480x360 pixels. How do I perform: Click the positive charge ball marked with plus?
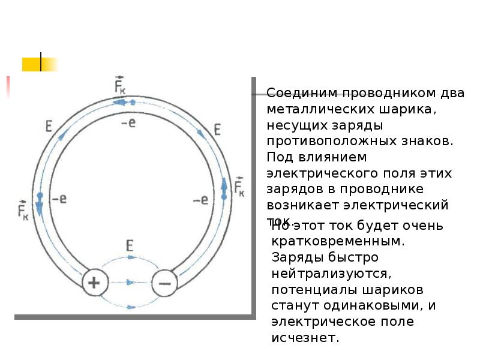pyautogui.click(x=95, y=282)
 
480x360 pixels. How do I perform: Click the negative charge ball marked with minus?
pyautogui.click(x=165, y=282)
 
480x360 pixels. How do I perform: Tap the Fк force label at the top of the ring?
pyautogui.click(x=119, y=85)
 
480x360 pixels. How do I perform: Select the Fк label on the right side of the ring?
pyautogui.click(x=239, y=187)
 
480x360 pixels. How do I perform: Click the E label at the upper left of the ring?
pyautogui.click(x=49, y=127)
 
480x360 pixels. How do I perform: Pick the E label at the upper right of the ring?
pyautogui.click(x=217, y=130)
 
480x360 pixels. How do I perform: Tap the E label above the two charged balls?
pyautogui.click(x=130, y=245)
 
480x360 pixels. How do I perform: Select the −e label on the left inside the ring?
pyautogui.click(x=59, y=199)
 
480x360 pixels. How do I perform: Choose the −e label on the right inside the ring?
pyautogui.click(x=200, y=200)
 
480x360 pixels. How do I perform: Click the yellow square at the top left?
pyautogui.click(x=31, y=64)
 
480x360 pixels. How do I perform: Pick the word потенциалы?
pyautogui.click(x=305, y=290)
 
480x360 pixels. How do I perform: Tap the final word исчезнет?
pyautogui.click(x=305, y=338)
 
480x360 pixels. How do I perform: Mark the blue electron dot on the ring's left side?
pyautogui.click(x=40, y=196)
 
